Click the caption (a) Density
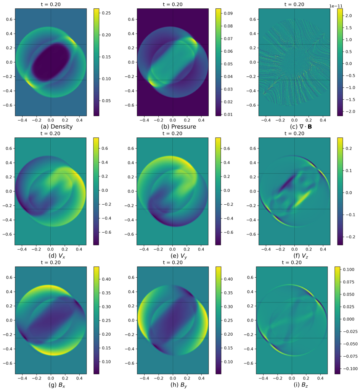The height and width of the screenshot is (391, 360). click(57, 127)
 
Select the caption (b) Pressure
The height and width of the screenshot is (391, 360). click(178, 127)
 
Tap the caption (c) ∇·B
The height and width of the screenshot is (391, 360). click(301, 127)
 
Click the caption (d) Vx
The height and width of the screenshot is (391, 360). click(57, 256)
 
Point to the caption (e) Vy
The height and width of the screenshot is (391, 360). click(178, 256)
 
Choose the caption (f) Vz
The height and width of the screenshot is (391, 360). click(301, 256)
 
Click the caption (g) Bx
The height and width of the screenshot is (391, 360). click(57, 385)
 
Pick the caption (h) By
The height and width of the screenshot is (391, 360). click(178, 385)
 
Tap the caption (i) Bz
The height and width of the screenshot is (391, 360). click(301, 385)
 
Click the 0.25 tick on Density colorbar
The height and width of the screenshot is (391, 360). click(106, 13)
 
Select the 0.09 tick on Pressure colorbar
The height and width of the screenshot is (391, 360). click(228, 13)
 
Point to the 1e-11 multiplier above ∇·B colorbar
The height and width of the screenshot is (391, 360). click(336, 6)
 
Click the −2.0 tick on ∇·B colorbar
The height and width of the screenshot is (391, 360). click(350, 111)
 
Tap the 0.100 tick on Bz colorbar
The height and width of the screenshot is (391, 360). click(349, 270)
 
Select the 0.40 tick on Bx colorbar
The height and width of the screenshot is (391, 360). click(106, 279)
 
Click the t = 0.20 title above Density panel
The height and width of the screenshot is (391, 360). click(51, 5)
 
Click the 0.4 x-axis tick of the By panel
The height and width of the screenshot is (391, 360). click(201, 378)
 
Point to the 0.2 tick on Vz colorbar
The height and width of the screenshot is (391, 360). click(349, 149)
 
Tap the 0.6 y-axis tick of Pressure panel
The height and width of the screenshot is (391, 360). click(131, 19)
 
